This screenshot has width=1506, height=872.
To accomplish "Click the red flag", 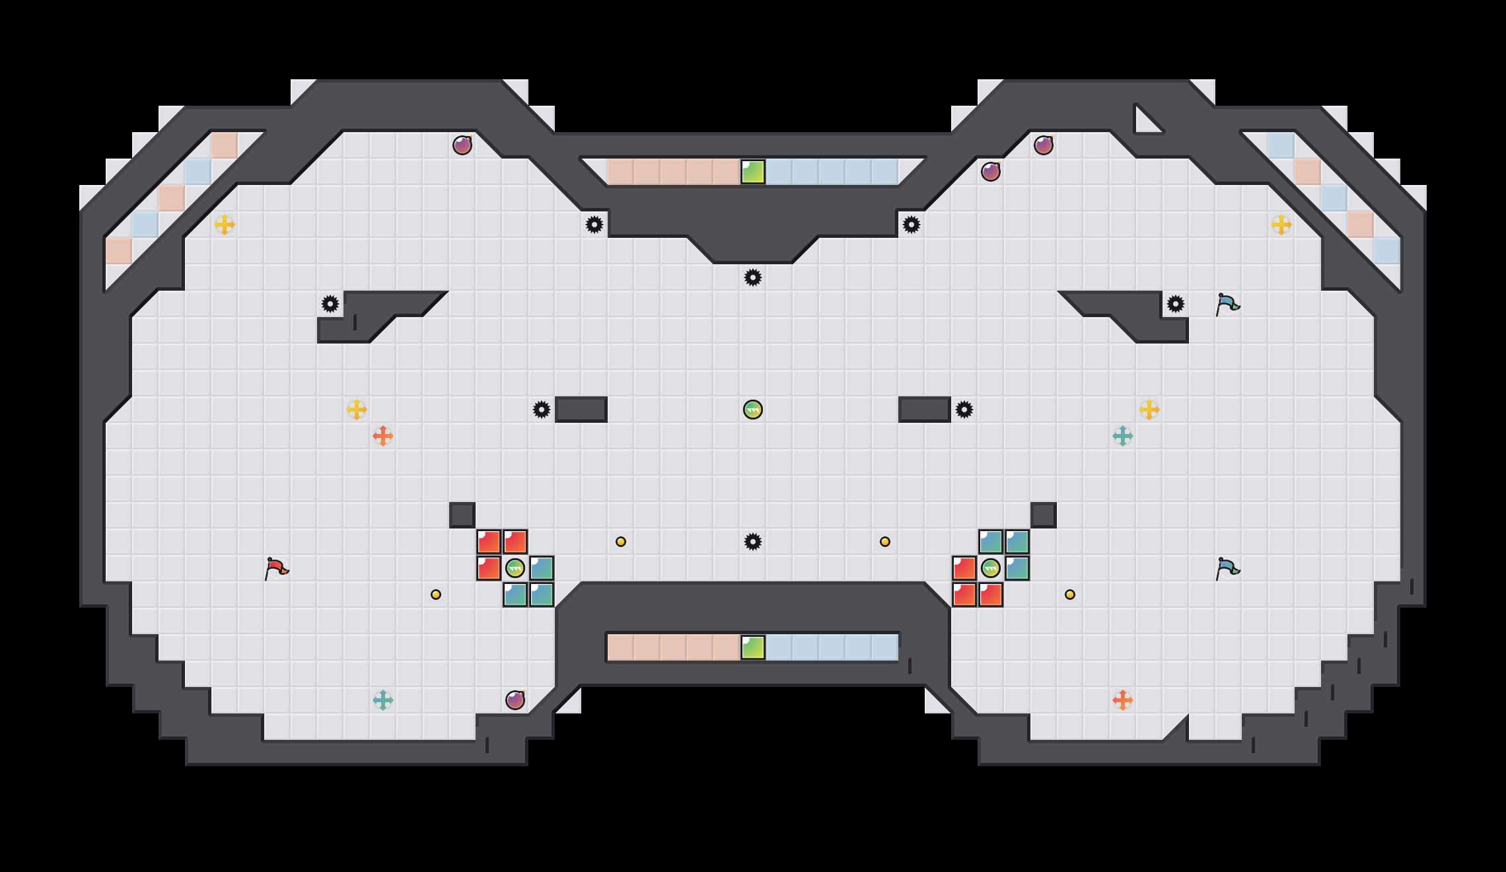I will coord(276,568).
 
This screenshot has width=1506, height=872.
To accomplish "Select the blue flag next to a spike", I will coord(1227,304).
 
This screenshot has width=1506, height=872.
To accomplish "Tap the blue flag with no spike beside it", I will coord(1227,568).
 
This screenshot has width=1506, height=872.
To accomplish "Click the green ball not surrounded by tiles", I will coord(753,410).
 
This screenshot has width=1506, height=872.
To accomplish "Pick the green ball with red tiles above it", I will coord(515,568).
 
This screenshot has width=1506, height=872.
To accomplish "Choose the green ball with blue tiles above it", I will coord(991,568).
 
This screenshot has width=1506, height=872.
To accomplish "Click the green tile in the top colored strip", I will coord(753,172).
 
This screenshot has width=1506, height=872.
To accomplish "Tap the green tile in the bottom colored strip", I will coord(753,647).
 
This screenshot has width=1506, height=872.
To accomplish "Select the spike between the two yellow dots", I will coord(753,542).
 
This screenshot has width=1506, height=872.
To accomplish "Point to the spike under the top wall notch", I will coord(753,277).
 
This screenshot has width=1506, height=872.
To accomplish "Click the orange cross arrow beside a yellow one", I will coord(383,436).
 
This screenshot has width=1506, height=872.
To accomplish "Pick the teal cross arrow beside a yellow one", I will coord(1123,436).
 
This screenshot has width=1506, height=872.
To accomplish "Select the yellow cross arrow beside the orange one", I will coord(357,410).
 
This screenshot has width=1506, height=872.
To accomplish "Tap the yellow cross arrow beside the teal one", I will coord(1149,410).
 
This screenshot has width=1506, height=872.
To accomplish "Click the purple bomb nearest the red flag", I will coord(515,700).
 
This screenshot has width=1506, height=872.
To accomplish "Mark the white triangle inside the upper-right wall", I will coord(1146,122).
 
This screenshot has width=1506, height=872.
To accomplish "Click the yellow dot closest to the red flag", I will coord(436,595).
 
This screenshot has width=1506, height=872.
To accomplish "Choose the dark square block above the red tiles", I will coord(462,515).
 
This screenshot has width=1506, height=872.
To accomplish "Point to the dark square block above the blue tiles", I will coord(1044,515).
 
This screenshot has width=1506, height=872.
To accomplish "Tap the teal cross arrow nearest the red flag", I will coord(383,700).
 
